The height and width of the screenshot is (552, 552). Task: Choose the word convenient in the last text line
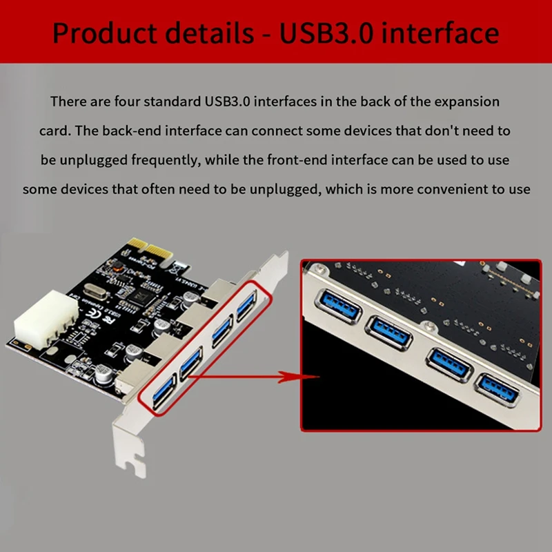click(x=459, y=188)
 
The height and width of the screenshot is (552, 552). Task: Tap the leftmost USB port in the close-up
click(x=337, y=304)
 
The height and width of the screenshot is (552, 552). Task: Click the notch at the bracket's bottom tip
click(x=139, y=472)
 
